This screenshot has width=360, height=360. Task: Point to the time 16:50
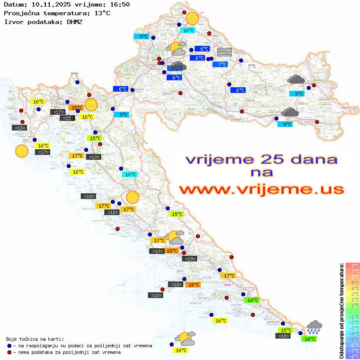[120, 5]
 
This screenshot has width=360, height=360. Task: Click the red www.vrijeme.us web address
[261, 189]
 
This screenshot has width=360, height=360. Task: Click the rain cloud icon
[314, 327]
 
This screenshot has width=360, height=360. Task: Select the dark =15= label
[67, 118]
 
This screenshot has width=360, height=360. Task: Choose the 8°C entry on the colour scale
[353, 266]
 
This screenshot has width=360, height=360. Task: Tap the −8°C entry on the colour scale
[353, 356]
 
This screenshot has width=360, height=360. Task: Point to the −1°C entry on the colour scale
[353, 316]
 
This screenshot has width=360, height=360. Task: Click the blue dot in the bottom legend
[9, 346]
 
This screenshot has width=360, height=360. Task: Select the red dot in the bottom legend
[9, 352]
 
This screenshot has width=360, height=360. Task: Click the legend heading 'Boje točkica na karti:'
[35, 339]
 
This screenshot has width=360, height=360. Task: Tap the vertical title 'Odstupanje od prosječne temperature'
[341, 311]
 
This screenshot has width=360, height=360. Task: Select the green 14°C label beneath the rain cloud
[310, 339]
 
